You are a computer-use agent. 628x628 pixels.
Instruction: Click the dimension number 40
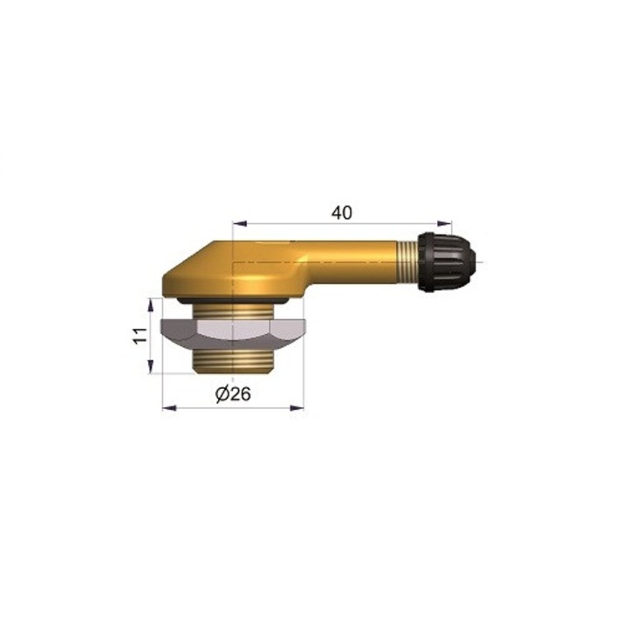pos(343,212)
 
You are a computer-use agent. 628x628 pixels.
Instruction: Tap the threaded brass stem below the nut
pos(233,359)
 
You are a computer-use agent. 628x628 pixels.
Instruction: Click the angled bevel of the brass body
pos(188,261)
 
